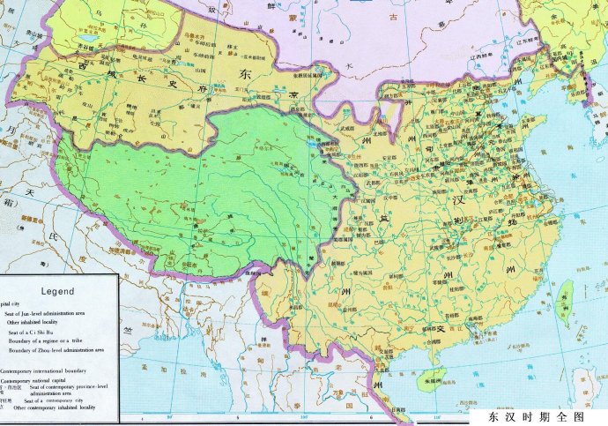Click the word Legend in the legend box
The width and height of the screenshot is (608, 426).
57,290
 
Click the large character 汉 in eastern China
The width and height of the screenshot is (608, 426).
484,199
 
